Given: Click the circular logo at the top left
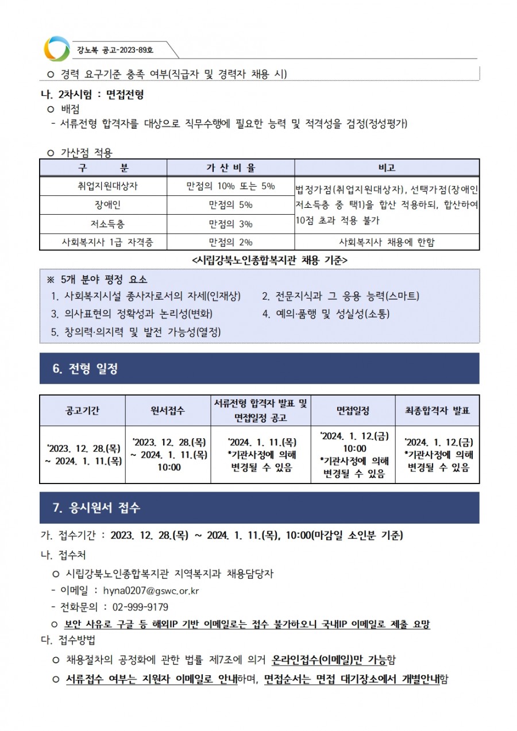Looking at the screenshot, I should pyautogui.click(x=56, y=49).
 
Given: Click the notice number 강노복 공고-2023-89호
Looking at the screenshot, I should pyautogui.click(x=115, y=51).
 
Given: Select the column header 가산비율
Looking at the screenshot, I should pyautogui.click(x=230, y=168).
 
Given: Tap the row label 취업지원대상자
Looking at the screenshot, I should pyautogui.click(x=104, y=186).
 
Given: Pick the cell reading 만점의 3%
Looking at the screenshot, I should pyautogui.click(x=230, y=223).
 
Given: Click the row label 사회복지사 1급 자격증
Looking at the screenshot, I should pyautogui.click(x=103, y=242).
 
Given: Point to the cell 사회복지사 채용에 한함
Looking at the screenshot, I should pyautogui.click(x=387, y=242).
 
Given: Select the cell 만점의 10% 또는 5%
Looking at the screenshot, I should pyautogui.click(x=230, y=186).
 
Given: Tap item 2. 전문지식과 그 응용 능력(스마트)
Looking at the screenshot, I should pyautogui.click(x=340, y=296).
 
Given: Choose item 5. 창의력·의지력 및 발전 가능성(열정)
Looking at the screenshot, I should pyautogui.click(x=136, y=331).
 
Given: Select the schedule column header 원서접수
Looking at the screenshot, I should pyautogui.click(x=168, y=411).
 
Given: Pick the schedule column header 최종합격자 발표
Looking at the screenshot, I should pyautogui.click(x=438, y=411).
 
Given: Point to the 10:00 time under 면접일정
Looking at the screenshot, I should pyautogui.click(x=354, y=448).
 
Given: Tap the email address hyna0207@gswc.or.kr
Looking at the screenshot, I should pyautogui.click(x=151, y=590).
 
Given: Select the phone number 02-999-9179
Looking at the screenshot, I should pyautogui.click(x=141, y=607).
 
